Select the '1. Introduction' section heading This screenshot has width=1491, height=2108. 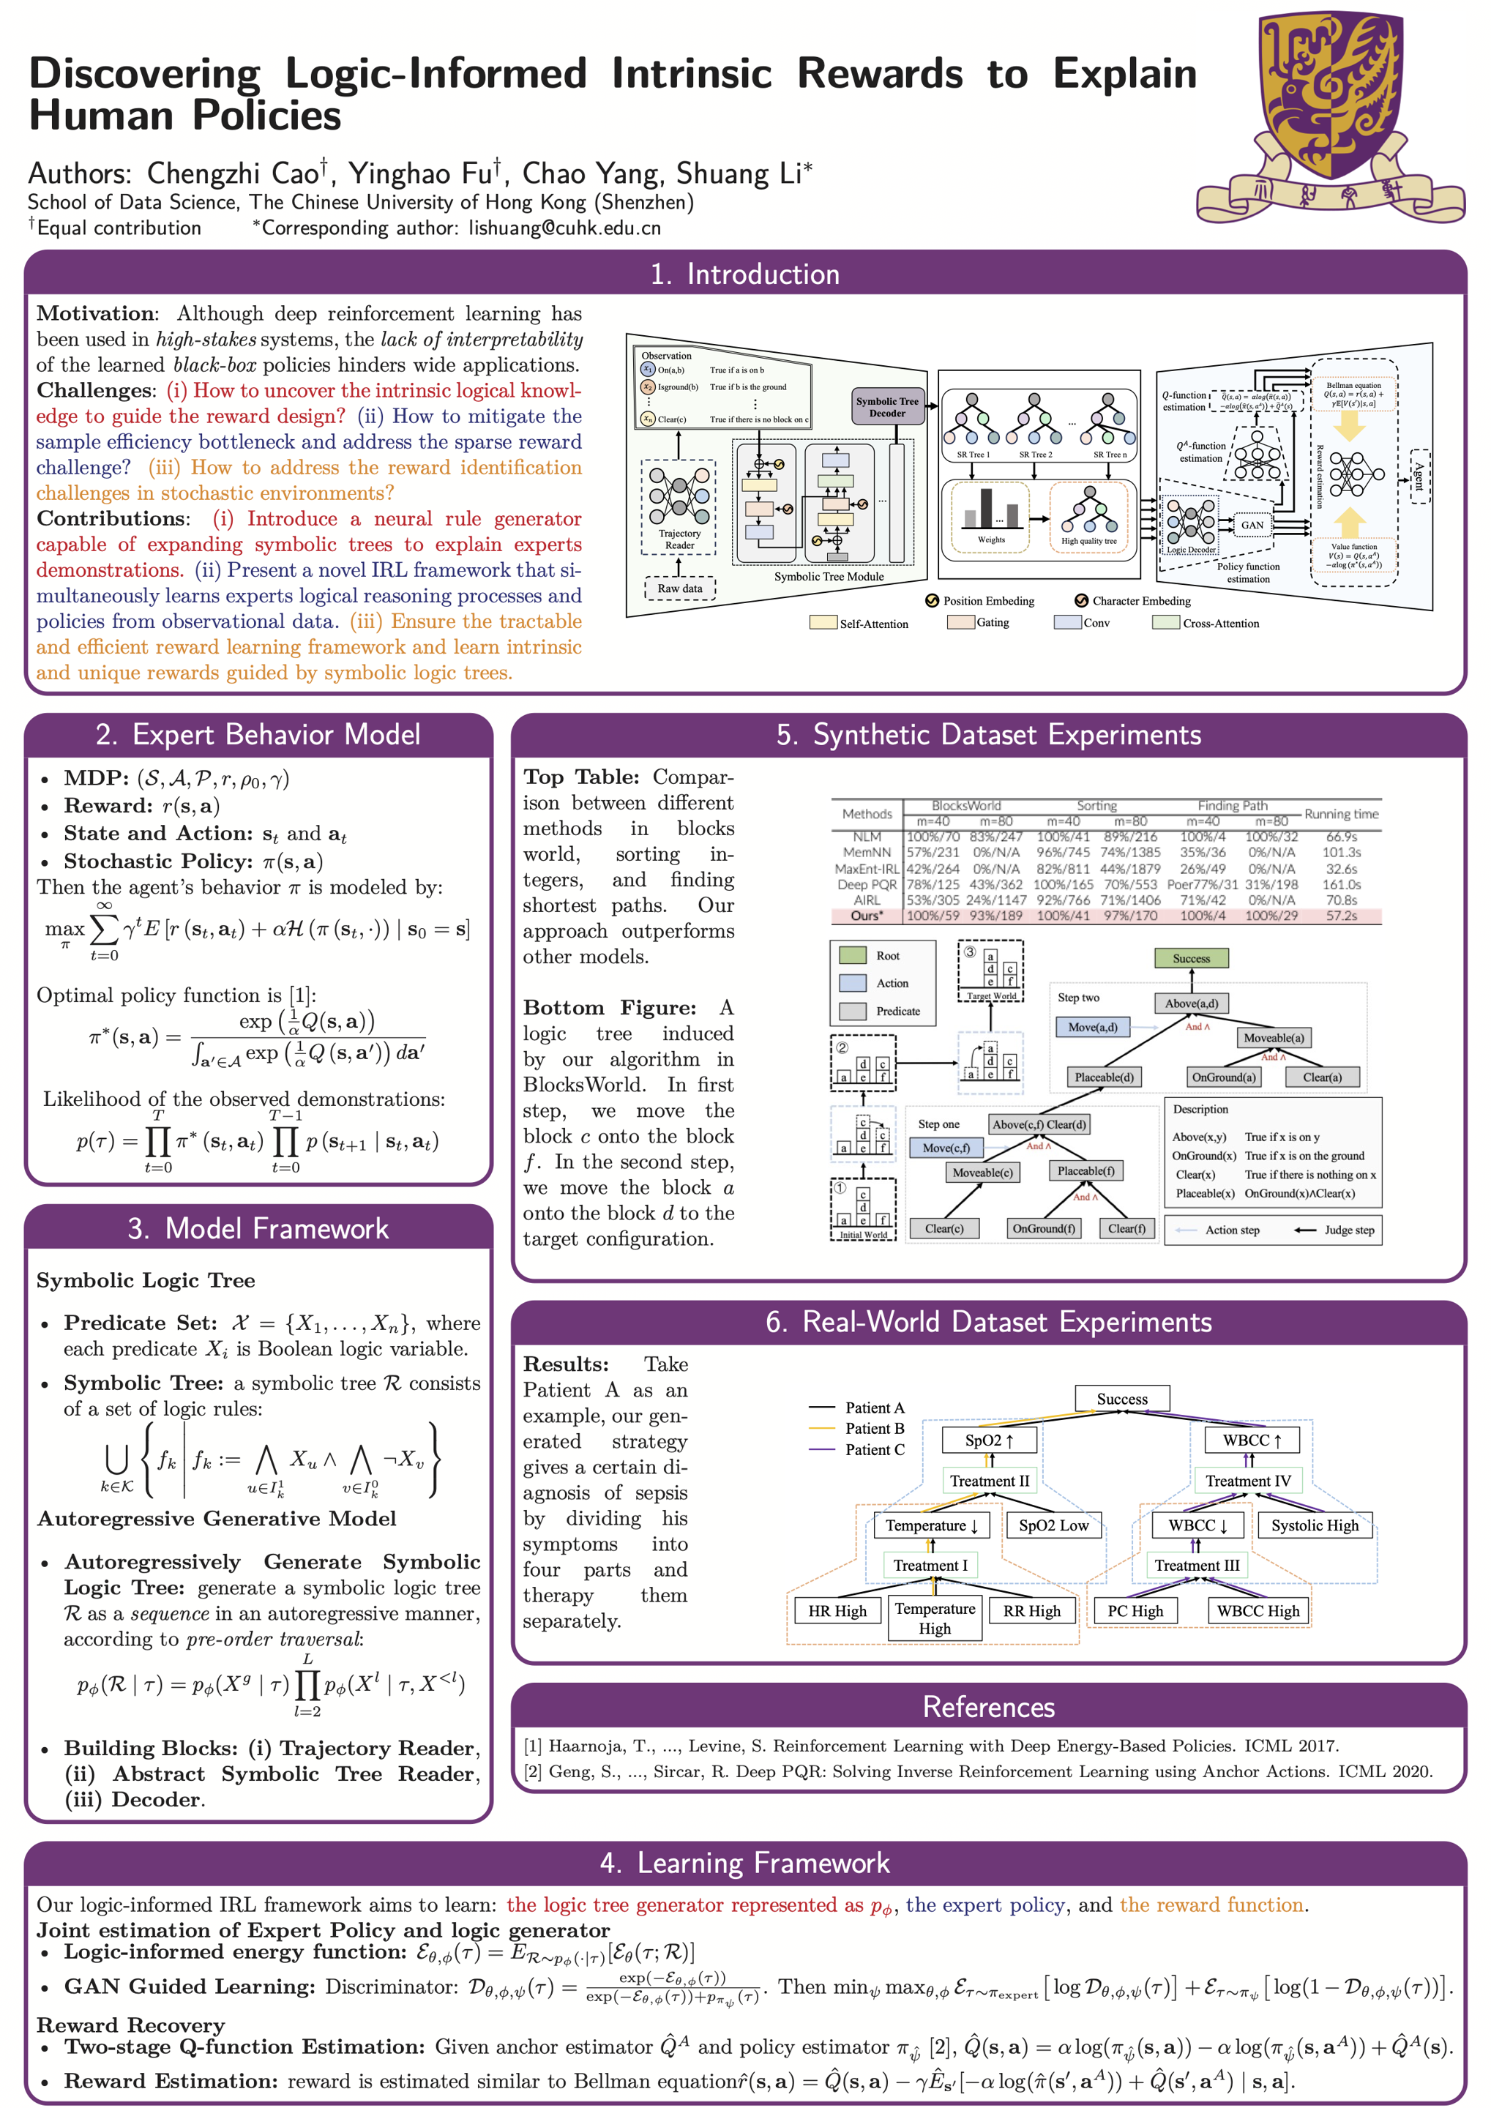coord(744,274)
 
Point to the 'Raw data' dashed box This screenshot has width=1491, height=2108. coord(679,588)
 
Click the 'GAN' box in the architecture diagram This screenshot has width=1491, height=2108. coord(1252,525)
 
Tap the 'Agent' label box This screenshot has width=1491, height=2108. coord(1419,476)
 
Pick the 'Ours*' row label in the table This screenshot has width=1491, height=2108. coord(866,916)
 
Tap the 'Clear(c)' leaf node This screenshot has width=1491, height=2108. coord(943,1228)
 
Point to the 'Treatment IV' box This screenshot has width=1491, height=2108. coord(1248,1480)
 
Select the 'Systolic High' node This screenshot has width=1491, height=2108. coord(1314,1525)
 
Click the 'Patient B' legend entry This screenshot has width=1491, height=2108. coord(874,1429)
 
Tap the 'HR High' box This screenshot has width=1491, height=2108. coord(837,1610)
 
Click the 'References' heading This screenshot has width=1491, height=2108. coord(988,1707)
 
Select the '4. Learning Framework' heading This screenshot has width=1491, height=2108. coord(744,1863)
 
